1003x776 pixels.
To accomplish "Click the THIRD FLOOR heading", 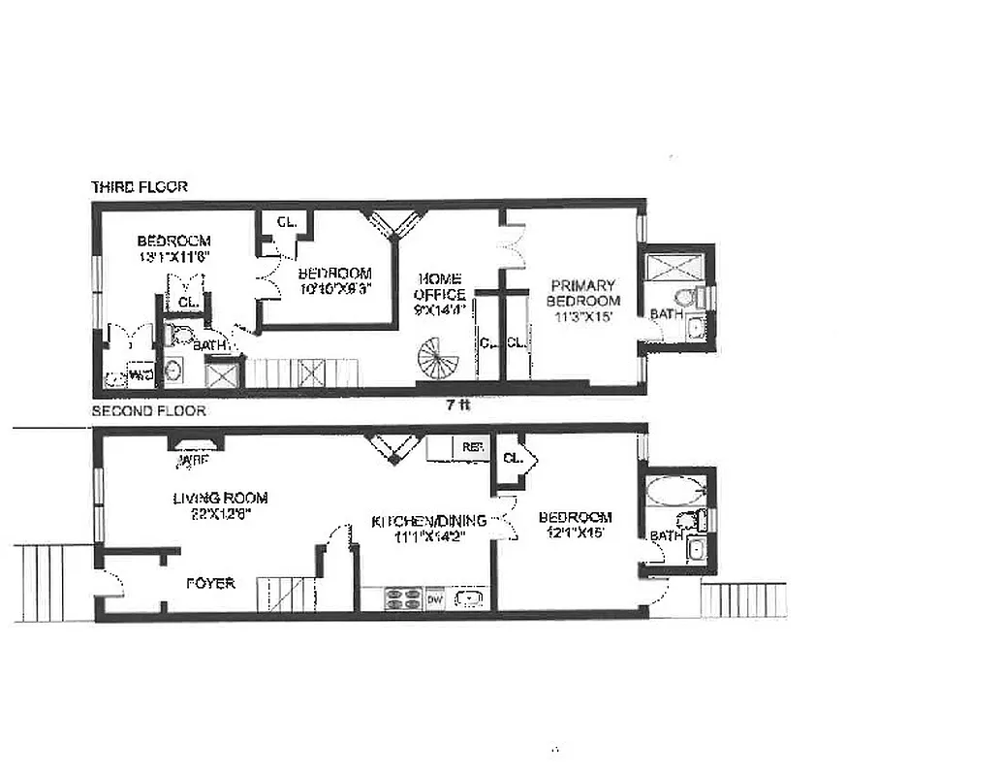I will (139, 186).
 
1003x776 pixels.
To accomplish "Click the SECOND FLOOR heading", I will (147, 411).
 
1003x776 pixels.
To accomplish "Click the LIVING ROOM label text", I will (220, 499).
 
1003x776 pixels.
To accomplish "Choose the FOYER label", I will (210, 583).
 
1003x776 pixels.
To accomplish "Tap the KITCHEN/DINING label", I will (429, 521).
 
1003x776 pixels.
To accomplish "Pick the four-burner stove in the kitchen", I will (402, 599).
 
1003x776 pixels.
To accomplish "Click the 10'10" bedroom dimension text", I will (334, 288).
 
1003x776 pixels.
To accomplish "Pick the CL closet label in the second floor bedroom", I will (513, 457).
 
